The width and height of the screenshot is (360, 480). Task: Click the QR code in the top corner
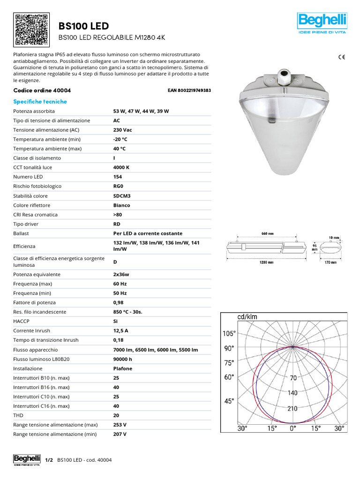click(32, 30)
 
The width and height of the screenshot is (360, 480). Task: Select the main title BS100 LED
click(83, 25)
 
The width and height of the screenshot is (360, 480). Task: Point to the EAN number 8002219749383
click(189, 90)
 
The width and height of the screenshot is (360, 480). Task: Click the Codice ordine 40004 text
click(42, 90)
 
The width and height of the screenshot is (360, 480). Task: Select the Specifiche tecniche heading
click(40, 102)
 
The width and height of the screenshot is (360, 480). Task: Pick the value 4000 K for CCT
click(121, 167)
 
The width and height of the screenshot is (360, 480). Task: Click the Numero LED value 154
click(118, 177)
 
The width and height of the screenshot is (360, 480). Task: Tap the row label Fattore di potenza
click(34, 302)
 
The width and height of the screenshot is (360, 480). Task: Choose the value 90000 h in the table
click(123, 359)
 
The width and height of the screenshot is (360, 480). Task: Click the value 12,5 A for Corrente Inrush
click(121, 330)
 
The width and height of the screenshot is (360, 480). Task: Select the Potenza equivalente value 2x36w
click(121, 274)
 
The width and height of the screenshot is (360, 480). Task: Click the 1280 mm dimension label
click(267, 262)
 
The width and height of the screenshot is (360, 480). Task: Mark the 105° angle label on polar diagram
click(228, 334)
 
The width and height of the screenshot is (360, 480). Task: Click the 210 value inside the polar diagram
click(292, 408)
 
